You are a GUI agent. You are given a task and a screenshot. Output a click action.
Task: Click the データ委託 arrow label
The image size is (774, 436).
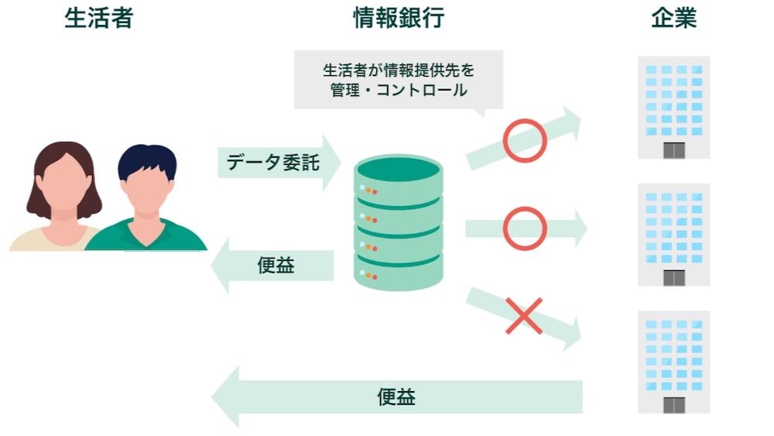(272, 163)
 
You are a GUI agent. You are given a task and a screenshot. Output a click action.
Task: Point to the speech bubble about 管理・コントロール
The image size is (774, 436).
(398, 80)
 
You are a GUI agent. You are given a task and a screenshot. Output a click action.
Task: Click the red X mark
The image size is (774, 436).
(524, 318)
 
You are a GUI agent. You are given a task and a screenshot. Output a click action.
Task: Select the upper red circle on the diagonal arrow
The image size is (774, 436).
(525, 140)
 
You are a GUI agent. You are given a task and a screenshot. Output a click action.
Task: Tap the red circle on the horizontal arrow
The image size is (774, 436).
(525, 228)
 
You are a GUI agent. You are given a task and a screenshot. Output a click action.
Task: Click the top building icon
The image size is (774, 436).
(673, 107)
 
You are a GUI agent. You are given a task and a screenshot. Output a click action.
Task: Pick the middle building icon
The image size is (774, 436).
(673, 234)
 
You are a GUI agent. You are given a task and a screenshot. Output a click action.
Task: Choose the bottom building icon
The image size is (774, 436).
(673, 362)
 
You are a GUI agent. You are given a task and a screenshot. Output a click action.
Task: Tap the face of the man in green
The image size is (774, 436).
(147, 190)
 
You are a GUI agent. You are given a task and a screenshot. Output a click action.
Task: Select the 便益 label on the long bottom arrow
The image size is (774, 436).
(396, 397)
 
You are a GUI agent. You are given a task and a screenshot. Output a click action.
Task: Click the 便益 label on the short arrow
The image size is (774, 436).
(276, 266)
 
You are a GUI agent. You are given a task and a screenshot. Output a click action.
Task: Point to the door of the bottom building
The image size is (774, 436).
(674, 405)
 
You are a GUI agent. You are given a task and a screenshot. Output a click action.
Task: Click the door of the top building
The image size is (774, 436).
(674, 150)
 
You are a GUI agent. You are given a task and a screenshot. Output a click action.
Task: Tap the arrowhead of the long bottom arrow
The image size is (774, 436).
(227, 397)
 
